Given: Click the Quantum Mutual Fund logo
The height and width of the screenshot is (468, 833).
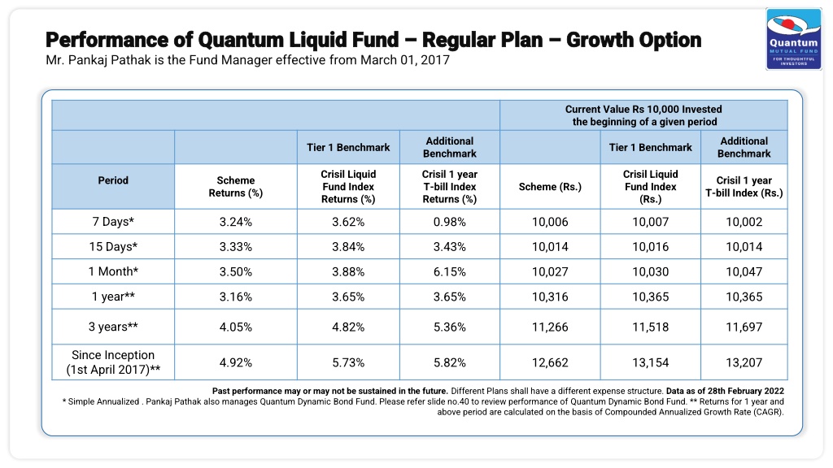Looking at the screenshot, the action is point(794,39).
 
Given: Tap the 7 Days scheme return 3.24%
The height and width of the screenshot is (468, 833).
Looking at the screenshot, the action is point(235,222).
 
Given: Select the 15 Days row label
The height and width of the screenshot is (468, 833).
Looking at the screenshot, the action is point(113,247).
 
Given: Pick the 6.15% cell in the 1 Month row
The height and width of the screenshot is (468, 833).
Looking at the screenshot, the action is point(449,271).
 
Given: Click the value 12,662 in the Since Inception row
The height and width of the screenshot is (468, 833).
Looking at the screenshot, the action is point(550,363).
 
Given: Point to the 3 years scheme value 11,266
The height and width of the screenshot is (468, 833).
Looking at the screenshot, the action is point(550,327).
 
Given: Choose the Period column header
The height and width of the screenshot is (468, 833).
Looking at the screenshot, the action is point(113,180).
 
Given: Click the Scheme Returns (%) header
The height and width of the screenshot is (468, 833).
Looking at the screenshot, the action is point(235,187).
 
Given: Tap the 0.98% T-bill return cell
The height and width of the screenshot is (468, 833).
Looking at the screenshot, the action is point(449,222).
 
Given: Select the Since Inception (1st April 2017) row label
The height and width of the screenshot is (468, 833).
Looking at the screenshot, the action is point(113,362).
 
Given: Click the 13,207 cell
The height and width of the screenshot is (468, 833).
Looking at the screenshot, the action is point(744,363).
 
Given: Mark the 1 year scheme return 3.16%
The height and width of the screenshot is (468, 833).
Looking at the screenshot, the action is point(235,297).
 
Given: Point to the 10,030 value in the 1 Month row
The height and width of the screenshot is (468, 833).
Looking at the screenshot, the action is point(650,271).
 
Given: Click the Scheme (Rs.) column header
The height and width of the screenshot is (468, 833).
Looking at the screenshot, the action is point(550,187).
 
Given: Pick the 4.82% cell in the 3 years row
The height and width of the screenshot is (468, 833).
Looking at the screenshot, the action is point(348,327).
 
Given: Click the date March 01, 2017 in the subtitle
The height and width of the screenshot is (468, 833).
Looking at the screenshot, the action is point(405,60).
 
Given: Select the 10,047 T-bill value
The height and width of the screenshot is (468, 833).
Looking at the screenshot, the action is point(744,271).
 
